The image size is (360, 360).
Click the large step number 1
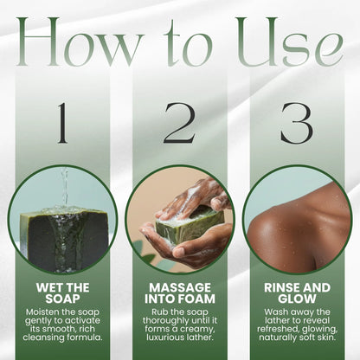coord(61,123)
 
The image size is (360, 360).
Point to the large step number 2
coord(179,123)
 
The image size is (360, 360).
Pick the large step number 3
coord(296,123)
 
